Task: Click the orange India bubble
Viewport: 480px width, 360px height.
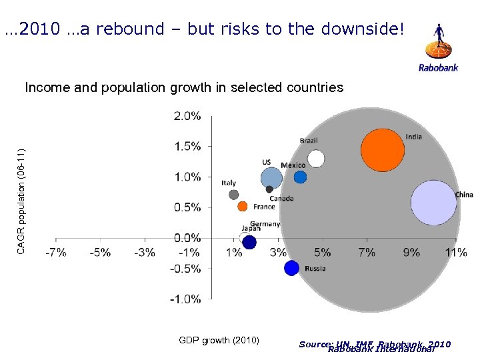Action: [x=383, y=150]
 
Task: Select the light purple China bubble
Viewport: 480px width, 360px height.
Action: [x=434, y=202]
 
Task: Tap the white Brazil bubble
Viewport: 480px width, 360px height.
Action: [x=316, y=159]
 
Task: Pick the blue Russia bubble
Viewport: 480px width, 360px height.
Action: [x=291, y=268]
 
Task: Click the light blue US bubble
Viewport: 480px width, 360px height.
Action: [x=271, y=178]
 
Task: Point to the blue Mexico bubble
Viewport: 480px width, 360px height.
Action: [x=300, y=177]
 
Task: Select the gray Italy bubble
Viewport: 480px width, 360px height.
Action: [x=233, y=195]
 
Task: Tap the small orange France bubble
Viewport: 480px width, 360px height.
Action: [x=243, y=207]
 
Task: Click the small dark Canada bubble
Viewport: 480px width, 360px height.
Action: [x=269, y=189]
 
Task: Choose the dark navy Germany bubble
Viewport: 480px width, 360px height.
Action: [x=249, y=243]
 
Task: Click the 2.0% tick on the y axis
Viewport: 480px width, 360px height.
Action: [x=187, y=116]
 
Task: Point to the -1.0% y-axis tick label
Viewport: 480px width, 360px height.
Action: [x=186, y=299]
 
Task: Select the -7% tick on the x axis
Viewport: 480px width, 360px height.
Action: [x=55, y=253]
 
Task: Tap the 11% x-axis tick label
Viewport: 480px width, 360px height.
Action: [x=456, y=253]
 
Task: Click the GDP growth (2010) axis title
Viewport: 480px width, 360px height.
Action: [x=219, y=341]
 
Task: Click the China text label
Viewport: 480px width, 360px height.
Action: [x=464, y=195]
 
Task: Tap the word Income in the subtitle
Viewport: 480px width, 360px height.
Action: [x=43, y=87]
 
